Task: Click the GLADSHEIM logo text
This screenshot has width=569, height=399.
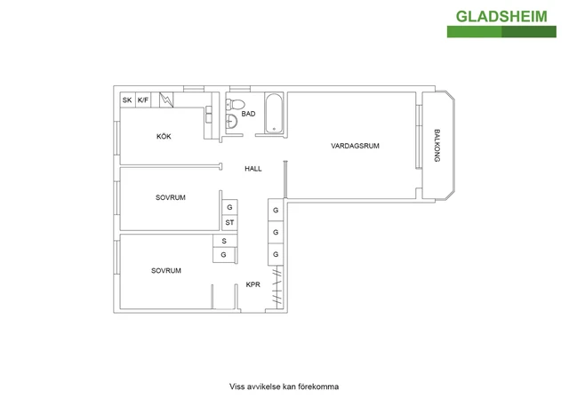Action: pyautogui.click(x=501, y=17)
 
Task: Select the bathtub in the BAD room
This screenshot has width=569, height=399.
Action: pyautogui.click(x=274, y=114)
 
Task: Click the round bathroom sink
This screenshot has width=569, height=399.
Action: pyautogui.click(x=231, y=121)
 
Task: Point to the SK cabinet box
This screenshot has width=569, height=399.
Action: pyautogui.click(x=127, y=100)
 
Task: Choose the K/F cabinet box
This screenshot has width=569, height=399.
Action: pyautogui.click(x=143, y=100)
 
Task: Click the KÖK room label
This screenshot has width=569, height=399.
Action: pyautogui.click(x=164, y=136)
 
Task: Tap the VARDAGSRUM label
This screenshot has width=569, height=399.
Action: pyautogui.click(x=355, y=146)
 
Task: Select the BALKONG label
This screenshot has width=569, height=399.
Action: pyautogui.click(x=437, y=146)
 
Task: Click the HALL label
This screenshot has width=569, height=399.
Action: pyautogui.click(x=252, y=169)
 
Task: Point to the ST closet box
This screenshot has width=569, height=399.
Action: pyautogui.click(x=229, y=222)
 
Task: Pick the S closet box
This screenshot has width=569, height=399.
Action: pyautogui.click(x=225, y=241)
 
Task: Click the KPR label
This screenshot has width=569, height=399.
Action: pyautogui.click(x=252, y=284)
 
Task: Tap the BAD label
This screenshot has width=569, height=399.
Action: pyautogui.click(x=248, y=114)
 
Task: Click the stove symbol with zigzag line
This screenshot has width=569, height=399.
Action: pyautogui.click(x=166, y=100)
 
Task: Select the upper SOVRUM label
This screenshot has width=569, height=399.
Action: pyautogui.click(x=171, y=197)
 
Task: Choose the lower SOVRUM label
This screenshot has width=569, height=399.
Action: pyautogui.click(x=166, y=271)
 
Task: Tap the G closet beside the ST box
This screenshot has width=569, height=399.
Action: pyautogui.click(x=229, y=207)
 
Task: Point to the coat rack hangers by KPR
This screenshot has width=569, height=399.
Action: pyautogui.click(x=277, y=287)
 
